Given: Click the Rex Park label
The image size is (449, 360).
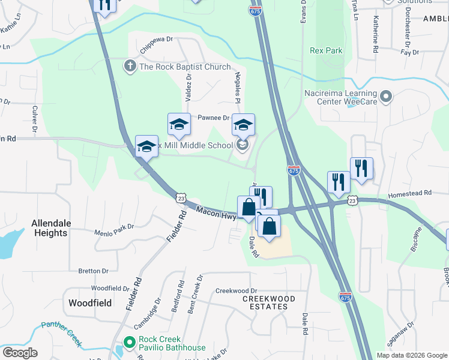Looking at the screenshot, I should click(327, 51).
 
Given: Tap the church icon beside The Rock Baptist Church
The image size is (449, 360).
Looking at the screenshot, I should click(130, 67).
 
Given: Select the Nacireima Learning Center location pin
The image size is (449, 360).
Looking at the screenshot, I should click(387, 96).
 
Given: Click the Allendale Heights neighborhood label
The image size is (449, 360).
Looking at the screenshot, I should click(51, 228).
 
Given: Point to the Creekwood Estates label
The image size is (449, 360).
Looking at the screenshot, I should click(268, 302).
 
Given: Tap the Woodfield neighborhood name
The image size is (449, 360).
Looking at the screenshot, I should click(90, 303).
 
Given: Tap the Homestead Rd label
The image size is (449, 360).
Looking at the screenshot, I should click(410, 193).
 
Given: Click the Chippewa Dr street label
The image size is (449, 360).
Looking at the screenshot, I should click(157, 40).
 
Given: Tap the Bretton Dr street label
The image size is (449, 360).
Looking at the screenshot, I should click(93, 271).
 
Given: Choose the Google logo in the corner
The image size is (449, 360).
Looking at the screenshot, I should click(19, 353).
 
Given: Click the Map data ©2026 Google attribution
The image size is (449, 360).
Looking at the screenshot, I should click(412, 355).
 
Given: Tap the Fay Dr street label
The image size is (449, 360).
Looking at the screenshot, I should click(409, 52).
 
